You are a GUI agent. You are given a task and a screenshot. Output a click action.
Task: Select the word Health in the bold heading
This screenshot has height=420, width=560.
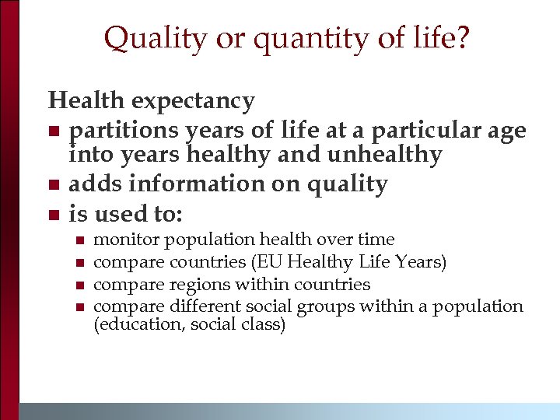click(x=86, y=101)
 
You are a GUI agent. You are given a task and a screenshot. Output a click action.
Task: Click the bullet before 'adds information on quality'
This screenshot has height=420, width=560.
click(x=54, y=185)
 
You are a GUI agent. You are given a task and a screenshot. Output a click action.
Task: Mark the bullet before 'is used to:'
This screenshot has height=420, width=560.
click(x=54, y=214)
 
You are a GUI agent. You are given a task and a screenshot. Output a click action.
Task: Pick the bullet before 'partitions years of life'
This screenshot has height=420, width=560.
click(x=54, y=130)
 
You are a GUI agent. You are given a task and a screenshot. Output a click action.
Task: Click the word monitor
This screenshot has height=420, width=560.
click(x=127, y=240)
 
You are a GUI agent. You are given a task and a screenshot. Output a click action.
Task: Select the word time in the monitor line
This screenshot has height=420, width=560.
click(x=377, y=240)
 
